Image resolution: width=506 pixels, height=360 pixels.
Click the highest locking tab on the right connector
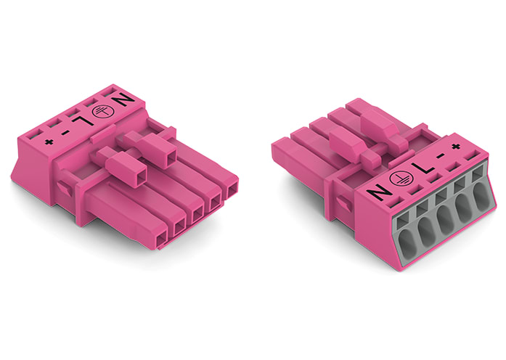click(380, 120)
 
